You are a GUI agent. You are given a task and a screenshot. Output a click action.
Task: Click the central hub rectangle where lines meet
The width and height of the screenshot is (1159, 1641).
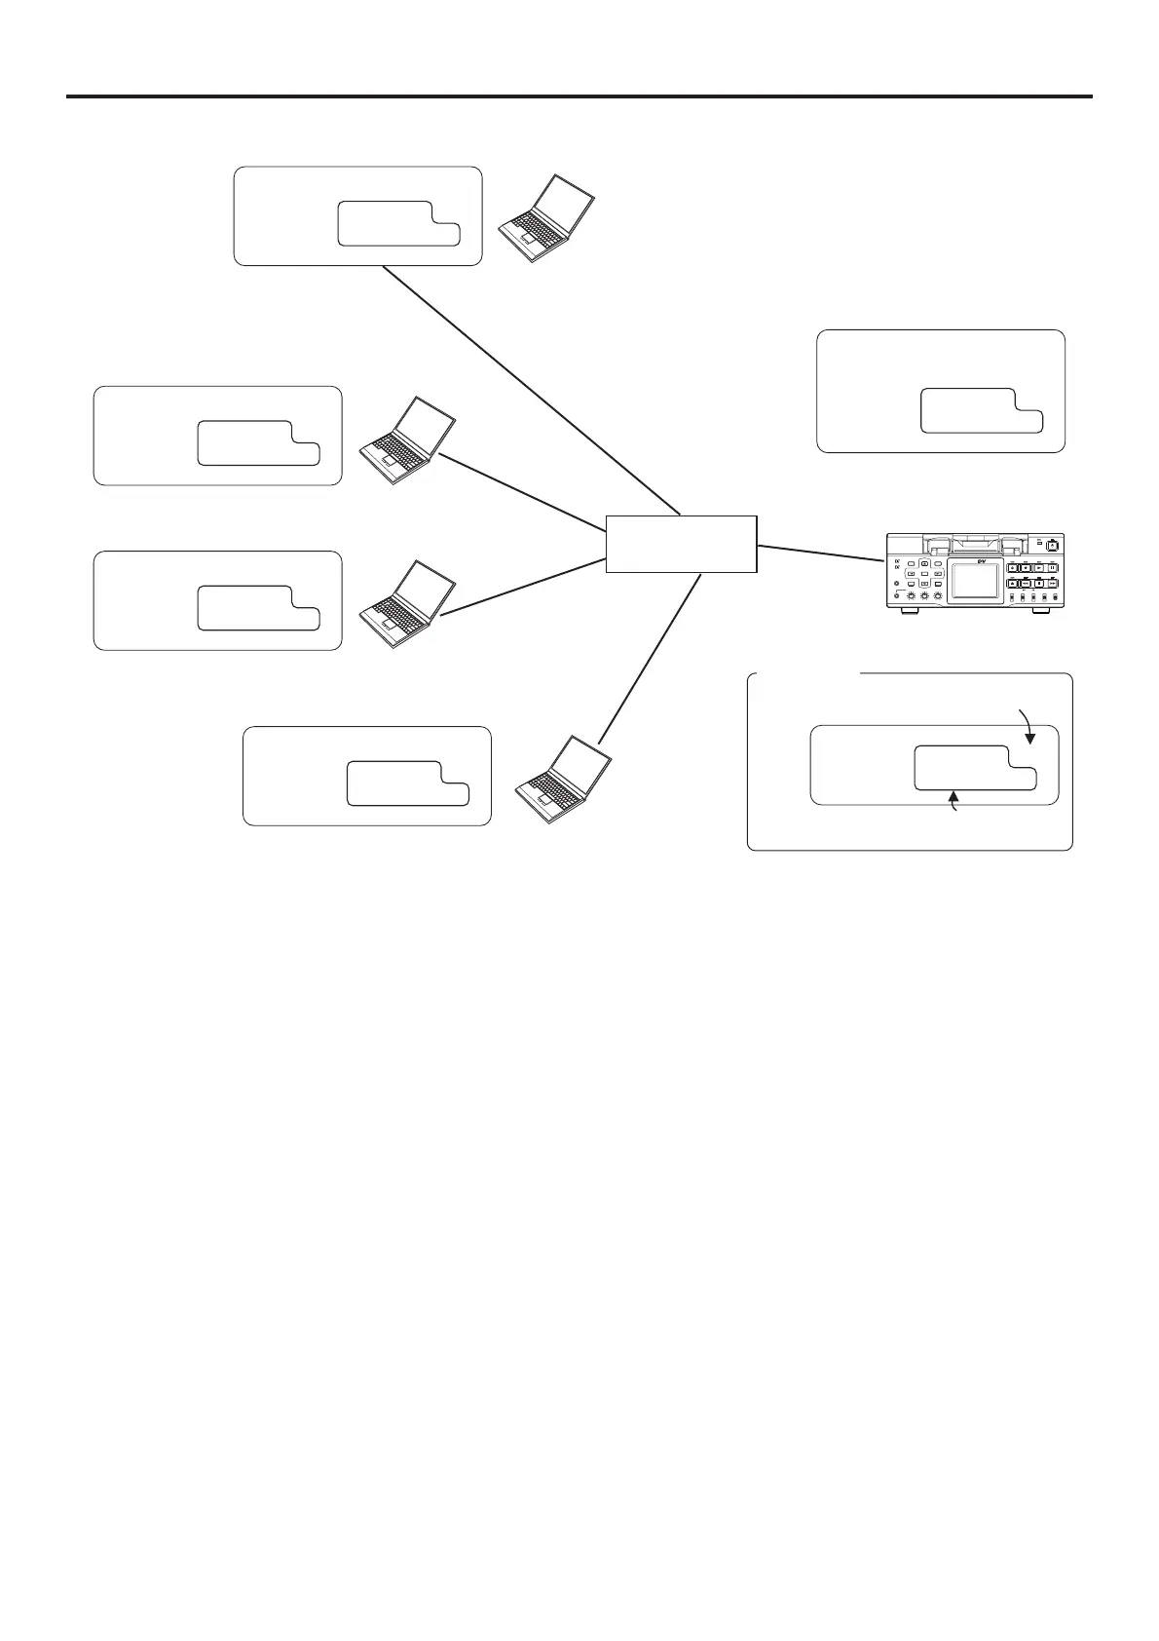[x=681, y=544]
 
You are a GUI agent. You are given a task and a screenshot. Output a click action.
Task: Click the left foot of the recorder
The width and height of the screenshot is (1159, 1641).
[x=909, y=611]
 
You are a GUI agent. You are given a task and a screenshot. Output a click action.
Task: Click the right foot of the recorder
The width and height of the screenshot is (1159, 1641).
[x=1041, y=611]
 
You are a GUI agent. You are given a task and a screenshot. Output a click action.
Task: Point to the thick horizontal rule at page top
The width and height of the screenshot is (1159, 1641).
[x=579, y=96]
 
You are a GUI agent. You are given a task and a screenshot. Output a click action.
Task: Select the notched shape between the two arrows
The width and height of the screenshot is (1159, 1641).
[x=974, y=768]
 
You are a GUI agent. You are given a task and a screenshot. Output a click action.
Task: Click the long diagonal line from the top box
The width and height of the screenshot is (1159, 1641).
[x=531, y=389]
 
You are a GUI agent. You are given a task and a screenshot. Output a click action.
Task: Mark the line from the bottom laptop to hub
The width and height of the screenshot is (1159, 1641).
[x=651, y=658]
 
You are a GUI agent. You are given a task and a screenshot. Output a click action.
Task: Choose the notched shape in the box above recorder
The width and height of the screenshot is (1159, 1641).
[x=980, y=410]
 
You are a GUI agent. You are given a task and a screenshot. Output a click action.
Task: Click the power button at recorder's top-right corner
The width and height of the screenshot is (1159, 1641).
[x=1053, y=547]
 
